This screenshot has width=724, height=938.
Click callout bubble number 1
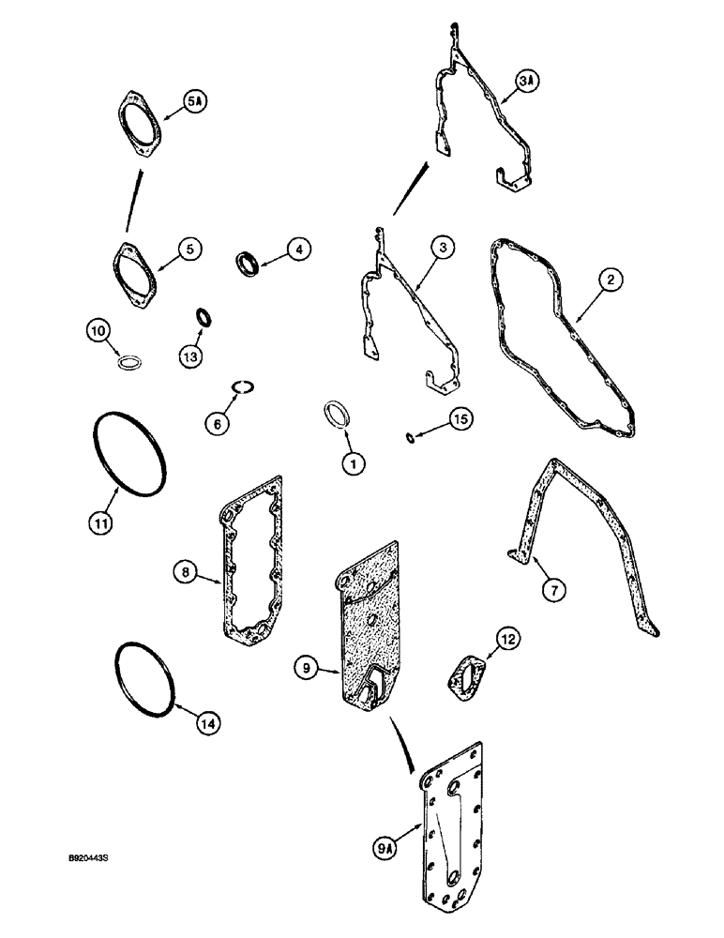(x=352, y=461)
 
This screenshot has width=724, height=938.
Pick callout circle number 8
(x=186, y=569)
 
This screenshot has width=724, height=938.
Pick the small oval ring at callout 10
(x=130, y=361)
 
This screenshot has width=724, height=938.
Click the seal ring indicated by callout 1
(x=336, y=415)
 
